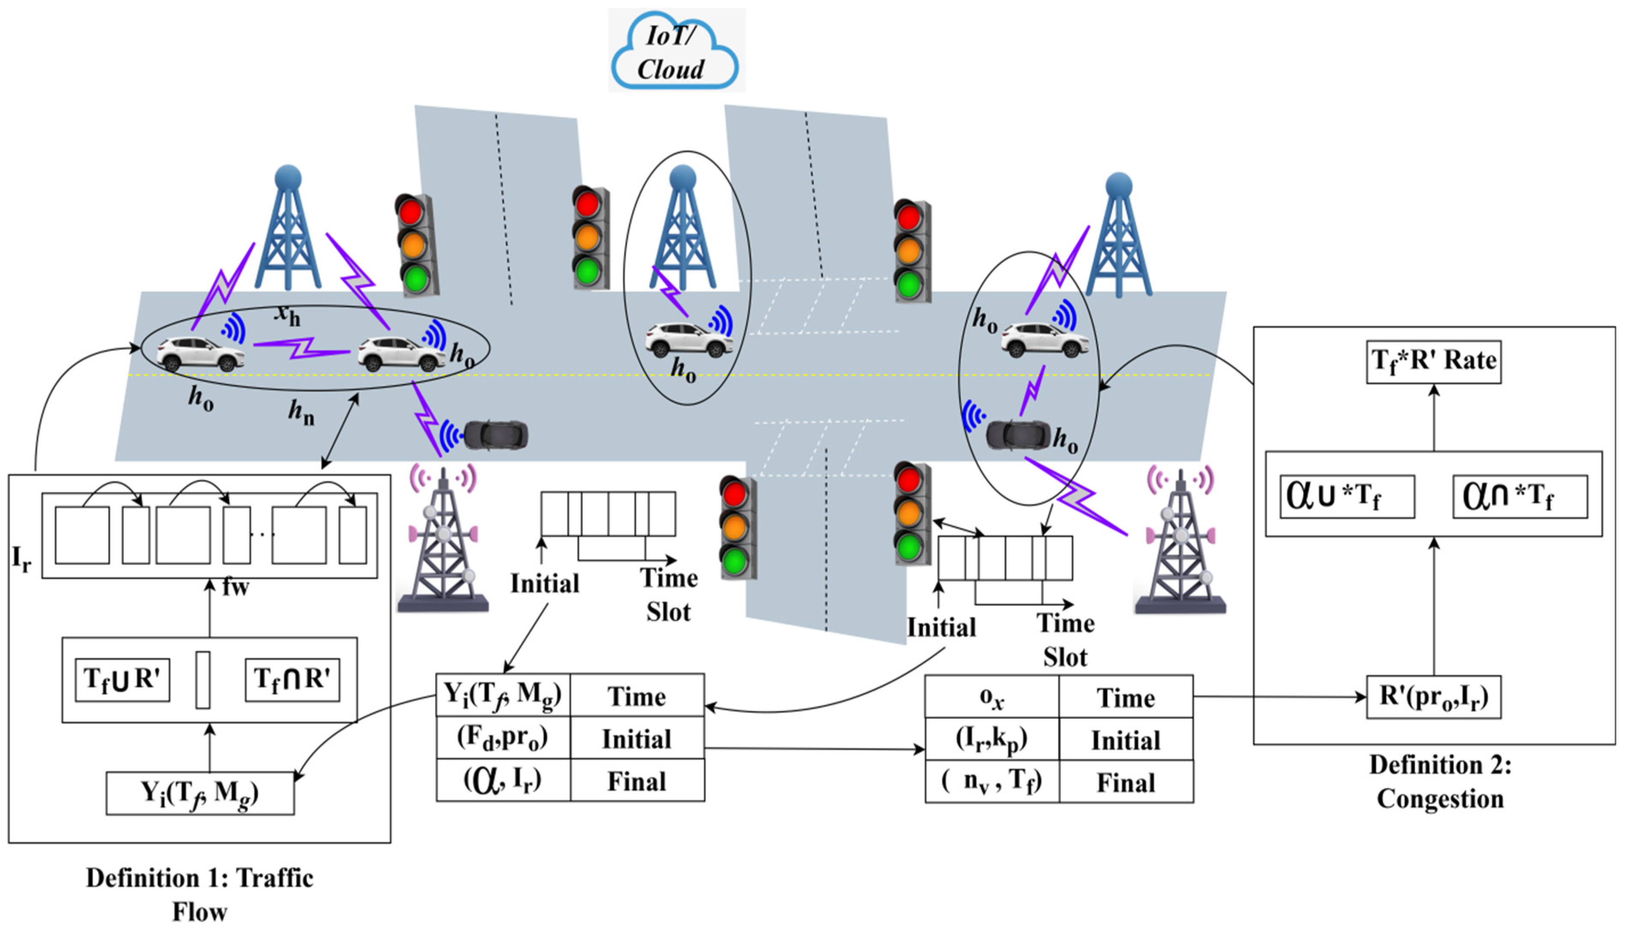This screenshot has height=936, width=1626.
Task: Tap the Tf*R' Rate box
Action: (1433, 362)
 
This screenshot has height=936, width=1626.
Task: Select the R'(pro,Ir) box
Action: (1433, 697)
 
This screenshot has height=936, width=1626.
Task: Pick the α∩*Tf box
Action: (1519, 496)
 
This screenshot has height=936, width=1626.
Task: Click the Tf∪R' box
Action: (122, 679)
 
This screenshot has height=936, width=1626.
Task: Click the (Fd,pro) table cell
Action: (503, 738)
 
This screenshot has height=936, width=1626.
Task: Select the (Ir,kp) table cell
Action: (992, 739)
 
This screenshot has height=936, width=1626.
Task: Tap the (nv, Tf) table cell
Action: (992, 782)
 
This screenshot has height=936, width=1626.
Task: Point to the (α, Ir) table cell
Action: (503, 780)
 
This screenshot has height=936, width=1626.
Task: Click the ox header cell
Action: (992, 697)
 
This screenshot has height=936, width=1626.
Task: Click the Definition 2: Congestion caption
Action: (1439, 782)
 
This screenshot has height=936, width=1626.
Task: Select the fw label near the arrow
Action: (235, 586)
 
